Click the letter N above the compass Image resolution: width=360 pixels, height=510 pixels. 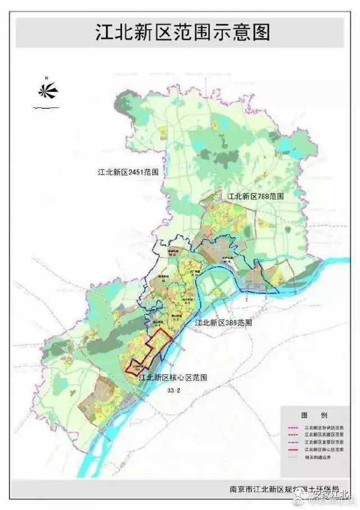[x=48, y=77]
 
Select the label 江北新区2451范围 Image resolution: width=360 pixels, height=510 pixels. [x=127, y=172]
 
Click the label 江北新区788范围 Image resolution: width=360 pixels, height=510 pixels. [x=255, y=196]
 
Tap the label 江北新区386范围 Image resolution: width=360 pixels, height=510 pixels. [x=223, y=324]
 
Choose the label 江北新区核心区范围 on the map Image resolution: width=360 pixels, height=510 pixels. [x=173, y=378]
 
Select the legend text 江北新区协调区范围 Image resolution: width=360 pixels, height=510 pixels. [x=325, y=427]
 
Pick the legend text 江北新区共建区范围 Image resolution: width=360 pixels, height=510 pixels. [x=325, y=435]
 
